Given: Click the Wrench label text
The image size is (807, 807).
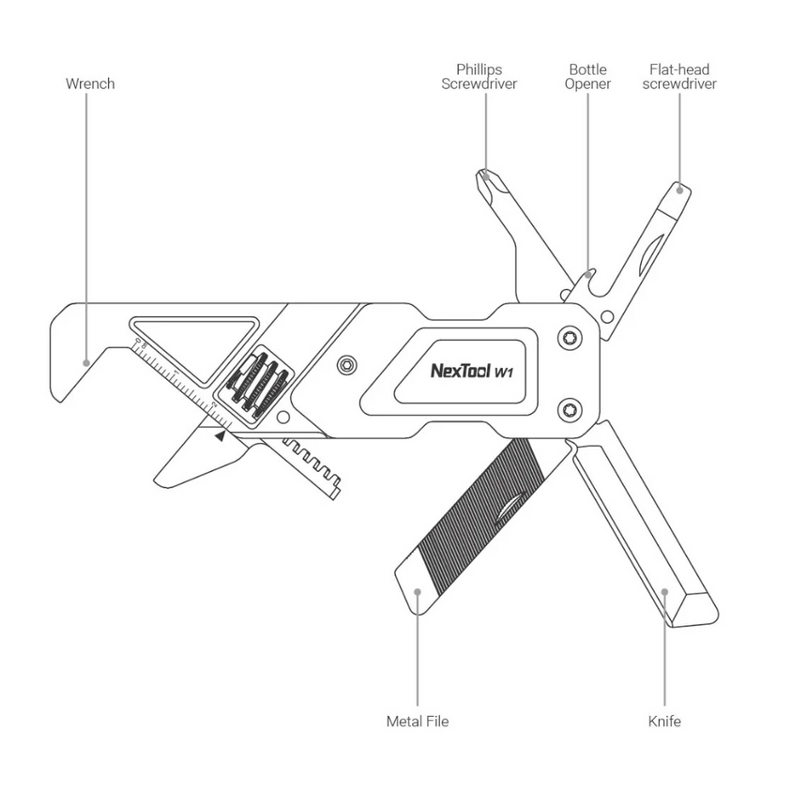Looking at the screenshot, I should pyautogui.click(x=90, y=84).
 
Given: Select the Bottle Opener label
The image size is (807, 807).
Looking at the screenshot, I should pyautogui.click(x=588, y=76).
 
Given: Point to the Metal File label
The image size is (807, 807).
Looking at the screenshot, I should pyautogui.click(x=418, y=722).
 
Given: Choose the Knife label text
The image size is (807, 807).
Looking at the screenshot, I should pyautogui.click(x=664, y=722).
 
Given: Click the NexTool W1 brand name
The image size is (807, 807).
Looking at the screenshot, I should pyautogui.click(x=471, y=371).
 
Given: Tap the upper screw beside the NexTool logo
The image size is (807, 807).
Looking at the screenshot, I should pyautogui.click(x=570, y=339).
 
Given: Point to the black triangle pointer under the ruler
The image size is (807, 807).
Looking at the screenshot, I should pyautogui.click(x=220, y=434).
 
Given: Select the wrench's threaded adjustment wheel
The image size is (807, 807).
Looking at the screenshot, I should pyautogui.click(x=253, y=383).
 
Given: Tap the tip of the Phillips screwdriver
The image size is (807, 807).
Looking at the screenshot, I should pyautogui.click(x=484, y=175).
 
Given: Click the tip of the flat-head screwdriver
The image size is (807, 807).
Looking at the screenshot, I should pyautogui.click(x=681, y=188).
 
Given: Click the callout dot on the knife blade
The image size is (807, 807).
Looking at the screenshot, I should pyautogui.click(x=664, y=591).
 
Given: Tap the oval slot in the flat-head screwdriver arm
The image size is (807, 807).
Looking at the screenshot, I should pyautogui.click(x=651, y=253).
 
